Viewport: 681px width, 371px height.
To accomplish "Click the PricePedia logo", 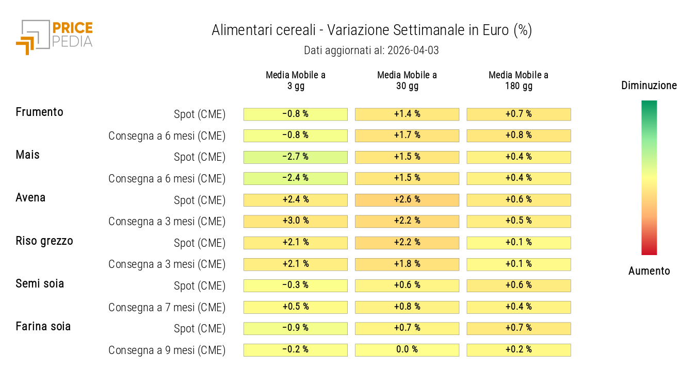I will pos(54,36).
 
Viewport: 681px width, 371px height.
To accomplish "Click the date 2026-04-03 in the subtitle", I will pos(412,50).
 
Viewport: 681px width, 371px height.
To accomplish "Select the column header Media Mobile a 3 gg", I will pos(296,80).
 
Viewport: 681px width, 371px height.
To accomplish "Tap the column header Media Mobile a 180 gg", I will pos(518,80).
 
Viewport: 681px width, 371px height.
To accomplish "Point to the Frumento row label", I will pos(40,112).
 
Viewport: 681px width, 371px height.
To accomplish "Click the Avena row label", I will pos(30,197).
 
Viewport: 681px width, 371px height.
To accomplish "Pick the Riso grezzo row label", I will pos(44,241).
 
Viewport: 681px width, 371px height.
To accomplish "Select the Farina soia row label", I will pos(43,326).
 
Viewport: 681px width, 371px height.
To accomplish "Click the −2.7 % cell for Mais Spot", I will pos(296,157).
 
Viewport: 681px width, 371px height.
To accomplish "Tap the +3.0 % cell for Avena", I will pos(296,221).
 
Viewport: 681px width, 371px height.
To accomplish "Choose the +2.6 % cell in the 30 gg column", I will pos(407,199).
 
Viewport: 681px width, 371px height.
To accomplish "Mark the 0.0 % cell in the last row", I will pos(407,350).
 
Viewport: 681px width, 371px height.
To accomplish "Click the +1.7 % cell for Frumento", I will pos(407,136).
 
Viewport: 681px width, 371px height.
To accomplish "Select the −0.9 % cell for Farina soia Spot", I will pos(296,328).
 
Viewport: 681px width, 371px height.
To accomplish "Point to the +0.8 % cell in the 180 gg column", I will pos(518,136).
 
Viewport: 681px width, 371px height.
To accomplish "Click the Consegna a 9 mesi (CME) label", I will pos(167,350).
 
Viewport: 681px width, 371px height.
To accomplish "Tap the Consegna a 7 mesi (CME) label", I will pos(167,308).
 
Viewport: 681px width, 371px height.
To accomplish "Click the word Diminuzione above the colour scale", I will pos(649,86).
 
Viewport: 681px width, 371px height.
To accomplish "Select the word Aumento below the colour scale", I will pos(649,271).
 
